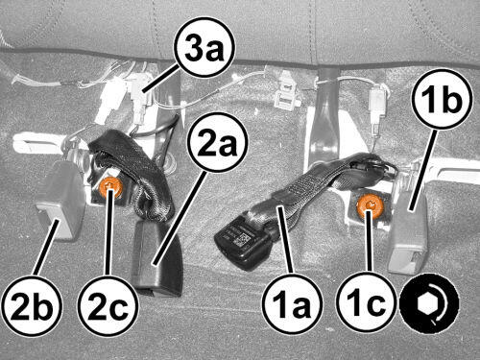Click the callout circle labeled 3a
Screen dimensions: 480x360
[204, 47]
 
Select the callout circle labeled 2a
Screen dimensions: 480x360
[218, 142]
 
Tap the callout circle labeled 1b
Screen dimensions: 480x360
[442, 99]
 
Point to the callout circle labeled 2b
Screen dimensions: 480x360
[31, 305]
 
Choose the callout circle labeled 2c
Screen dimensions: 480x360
[108, 305]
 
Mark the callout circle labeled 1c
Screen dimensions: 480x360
[367, 302]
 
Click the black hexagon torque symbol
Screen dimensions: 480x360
[429, 303]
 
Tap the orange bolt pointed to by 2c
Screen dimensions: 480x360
[109, 187]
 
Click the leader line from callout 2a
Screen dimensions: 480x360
[180, 217]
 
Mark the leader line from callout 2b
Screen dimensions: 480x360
[46, 247]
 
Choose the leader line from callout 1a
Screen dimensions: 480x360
[285, 240]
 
